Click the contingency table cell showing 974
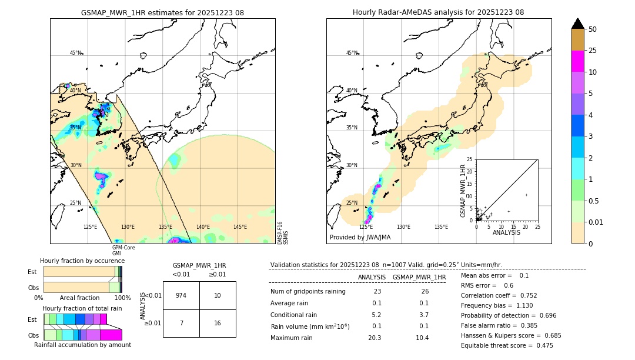coord(181,295)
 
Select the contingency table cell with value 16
coord(218,324)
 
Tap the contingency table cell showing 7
coord(181,324)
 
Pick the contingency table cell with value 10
coord(218,295)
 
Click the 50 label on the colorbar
coord(593,29)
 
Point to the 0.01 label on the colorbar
coord(596,222)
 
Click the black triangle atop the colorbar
coord(578,24)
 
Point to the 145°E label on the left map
coord(240,227)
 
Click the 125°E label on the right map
coord(366,227)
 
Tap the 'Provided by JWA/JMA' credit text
coord(360,237)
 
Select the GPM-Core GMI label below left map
coord(123,250)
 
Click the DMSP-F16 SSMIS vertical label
coord(283,232)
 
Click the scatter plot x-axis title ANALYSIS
coord(506,232)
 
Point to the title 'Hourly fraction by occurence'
coord(82,261)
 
